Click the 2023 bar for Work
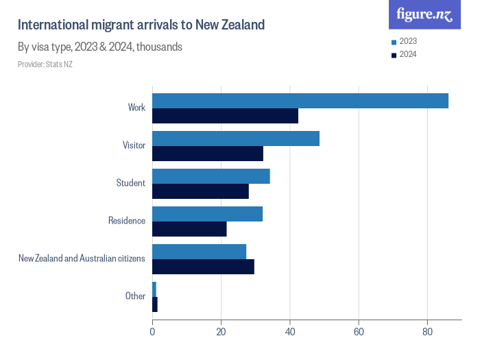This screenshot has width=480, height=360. pos(300,101)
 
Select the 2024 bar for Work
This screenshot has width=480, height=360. pos(225,116)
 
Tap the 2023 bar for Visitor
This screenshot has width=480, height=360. pos(235,139)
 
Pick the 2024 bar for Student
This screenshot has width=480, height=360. pos(200,191)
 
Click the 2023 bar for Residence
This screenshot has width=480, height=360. pos(207,214)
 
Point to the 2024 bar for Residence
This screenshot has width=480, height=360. pos(189,229)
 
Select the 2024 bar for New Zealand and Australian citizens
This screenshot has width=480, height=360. pos(203,267)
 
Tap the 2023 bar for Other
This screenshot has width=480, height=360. pos(154,289)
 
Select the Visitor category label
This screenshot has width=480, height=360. pos(134,145)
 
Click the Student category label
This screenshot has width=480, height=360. pos(131,183)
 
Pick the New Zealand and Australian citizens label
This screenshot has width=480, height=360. pos(82,259)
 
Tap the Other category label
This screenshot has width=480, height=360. pos(135,296)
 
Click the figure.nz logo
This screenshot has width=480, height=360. pos(424,14)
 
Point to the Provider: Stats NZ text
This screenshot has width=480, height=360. pos(45,64)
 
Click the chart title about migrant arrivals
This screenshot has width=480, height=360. pos(141,25)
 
